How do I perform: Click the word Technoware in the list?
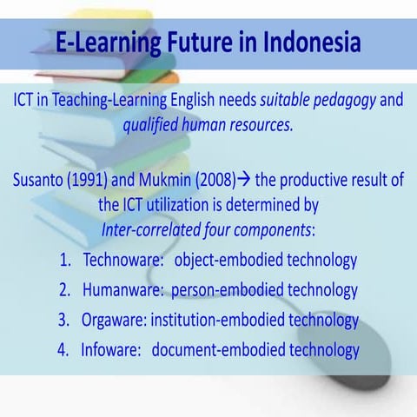click(122, 260)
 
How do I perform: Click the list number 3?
click(64, 320)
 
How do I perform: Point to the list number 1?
click(66, 260)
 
